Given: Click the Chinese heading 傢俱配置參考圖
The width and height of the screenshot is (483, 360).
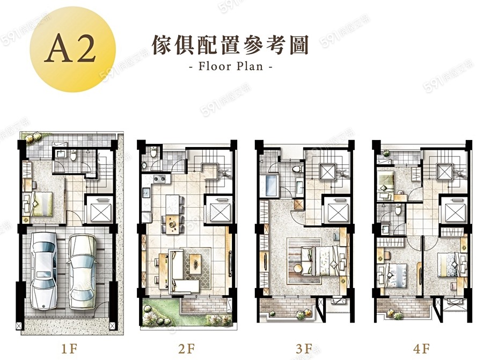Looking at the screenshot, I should (x=230, y=45).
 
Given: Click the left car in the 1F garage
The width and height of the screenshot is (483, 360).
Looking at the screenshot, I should (x=45, y=271).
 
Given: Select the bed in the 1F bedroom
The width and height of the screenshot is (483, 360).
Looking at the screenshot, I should (x=40, y=204).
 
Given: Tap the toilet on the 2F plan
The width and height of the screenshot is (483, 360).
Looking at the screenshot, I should (x=153, y=152).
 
